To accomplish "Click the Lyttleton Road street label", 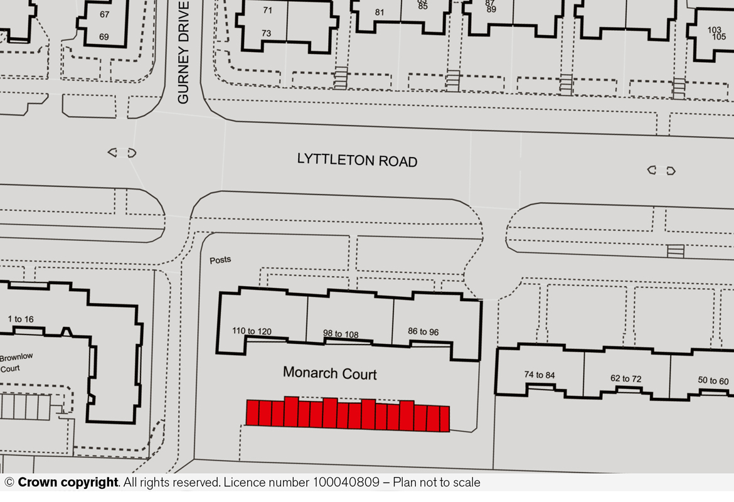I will pos(357,161).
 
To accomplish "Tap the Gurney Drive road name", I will pos(183,53).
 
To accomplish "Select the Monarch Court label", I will pos(330,373).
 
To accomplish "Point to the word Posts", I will pos(220,260).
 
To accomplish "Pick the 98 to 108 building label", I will pos(341,334).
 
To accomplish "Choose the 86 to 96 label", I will pos(423,332).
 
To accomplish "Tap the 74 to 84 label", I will pos(540,375).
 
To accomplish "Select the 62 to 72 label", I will pos(626,378).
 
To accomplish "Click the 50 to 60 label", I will pos(713,380).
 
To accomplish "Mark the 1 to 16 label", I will pos(21,319).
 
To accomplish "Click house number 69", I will pos(104,37).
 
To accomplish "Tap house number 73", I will pos(267,33).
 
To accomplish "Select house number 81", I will pos(379,12).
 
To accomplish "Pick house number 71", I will pos(268,10).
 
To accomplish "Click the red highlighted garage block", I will pos(348,414).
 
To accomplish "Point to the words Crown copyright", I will pos(68,483).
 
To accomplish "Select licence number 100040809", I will pos(346,483).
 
